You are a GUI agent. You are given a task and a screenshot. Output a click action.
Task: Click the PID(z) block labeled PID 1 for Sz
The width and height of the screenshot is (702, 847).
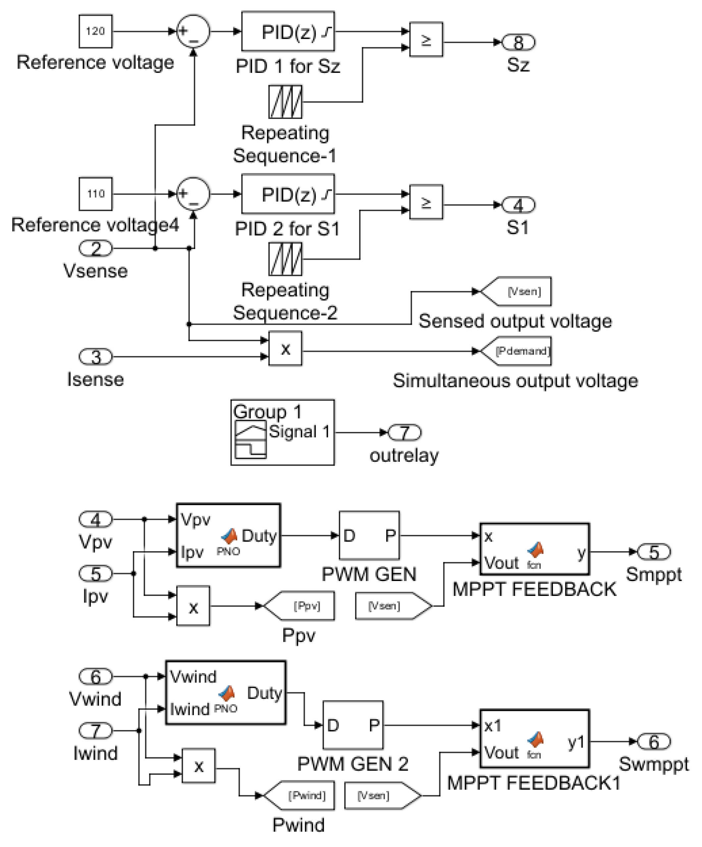click(x=288, y=31)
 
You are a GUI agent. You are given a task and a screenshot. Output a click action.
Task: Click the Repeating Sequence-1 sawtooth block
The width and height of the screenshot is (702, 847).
click(x=285, y=101)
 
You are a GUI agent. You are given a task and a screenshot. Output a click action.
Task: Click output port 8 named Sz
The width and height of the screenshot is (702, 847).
click(x=518, y=42)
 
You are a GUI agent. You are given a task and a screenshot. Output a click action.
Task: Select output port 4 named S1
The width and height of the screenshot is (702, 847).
click(x=518, y=205)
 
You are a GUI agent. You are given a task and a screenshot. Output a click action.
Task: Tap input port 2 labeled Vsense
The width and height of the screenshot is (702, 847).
click(x=96, y=248)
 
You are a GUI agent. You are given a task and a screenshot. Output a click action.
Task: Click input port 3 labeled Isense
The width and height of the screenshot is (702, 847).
click(x=96, y=356)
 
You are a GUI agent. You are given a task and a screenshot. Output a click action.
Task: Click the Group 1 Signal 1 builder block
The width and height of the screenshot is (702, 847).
click(x=282, y=432)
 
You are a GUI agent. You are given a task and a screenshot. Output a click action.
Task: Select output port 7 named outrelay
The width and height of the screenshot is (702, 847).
click(x=404, y=432)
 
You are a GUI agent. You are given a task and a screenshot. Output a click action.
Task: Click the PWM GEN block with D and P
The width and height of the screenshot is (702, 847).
click(x=369, y=535)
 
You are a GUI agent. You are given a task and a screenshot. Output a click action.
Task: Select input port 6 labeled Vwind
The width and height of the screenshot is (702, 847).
click(x=96, y=676)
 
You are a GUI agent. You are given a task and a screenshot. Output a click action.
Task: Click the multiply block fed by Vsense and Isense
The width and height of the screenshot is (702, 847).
click(x=285, y=348)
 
